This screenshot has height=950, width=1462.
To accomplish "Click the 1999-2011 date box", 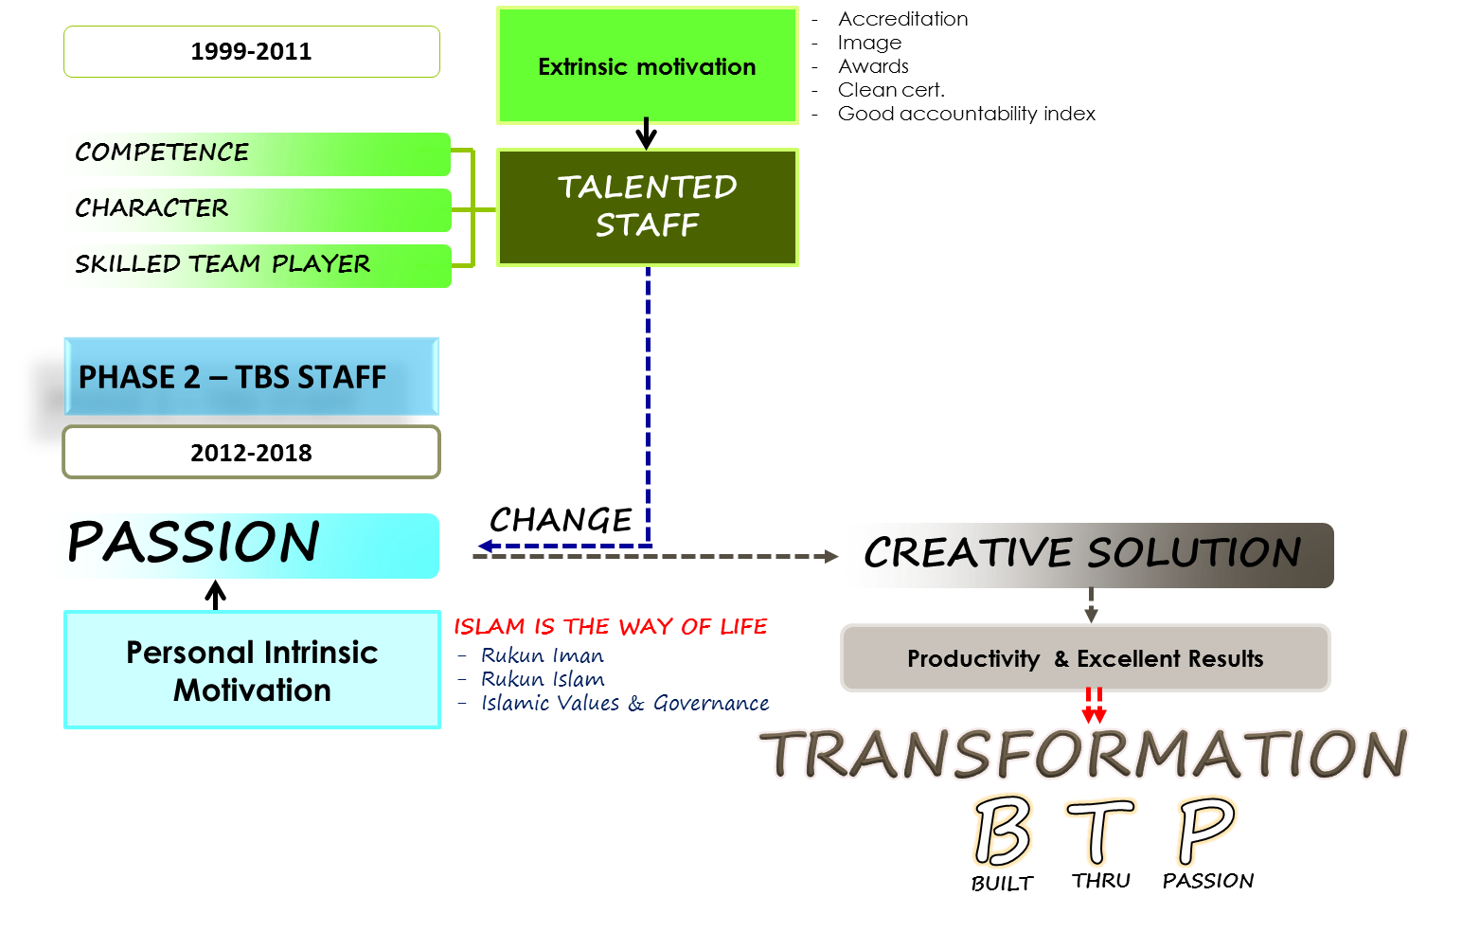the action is point(252,51).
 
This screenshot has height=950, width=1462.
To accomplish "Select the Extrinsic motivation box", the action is point(647,65).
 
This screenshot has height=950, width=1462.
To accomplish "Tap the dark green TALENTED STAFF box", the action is point(647,207).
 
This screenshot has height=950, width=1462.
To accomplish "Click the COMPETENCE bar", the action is point(258,154).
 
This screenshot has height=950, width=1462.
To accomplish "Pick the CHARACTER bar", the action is point(258,210).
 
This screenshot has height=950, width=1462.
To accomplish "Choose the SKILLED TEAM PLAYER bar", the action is point(258,266).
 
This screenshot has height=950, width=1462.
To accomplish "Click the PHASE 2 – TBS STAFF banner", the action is point(252,377).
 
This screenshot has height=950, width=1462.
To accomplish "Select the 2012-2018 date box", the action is point(252,452).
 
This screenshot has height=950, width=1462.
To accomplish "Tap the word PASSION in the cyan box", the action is point(193,542).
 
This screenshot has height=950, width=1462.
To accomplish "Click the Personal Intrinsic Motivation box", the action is point(252,670).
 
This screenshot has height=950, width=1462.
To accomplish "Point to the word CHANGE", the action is point(561,520).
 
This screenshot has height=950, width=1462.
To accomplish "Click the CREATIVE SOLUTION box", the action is point(1089,555).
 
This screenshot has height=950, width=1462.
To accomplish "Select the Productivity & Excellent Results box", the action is point(1085,658).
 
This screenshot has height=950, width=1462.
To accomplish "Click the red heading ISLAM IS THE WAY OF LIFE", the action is point(610,627).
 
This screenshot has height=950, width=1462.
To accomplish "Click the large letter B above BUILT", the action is point(1003,832).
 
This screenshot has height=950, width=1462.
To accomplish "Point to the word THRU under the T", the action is point(1100,881).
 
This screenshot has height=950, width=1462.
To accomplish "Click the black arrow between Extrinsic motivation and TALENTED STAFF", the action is point(646,134).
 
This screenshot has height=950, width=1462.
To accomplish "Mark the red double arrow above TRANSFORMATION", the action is point(1094,705).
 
